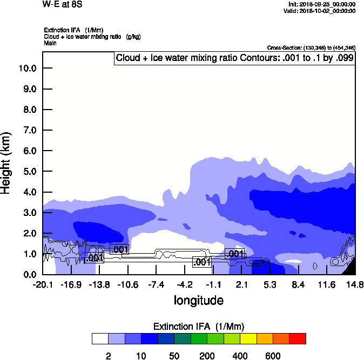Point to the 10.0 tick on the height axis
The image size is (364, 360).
[x=27, y=69]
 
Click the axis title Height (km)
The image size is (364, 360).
[x=6, y=162]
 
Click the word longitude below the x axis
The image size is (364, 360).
[x=198, y=300]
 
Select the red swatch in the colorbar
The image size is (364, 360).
[x=298, y=339]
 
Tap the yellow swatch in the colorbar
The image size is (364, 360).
[x=248, y=339]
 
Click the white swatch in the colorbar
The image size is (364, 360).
[x=100, y=339]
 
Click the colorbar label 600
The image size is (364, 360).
[x=273, y=356]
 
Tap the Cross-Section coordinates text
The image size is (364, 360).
[x=311, y=47]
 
